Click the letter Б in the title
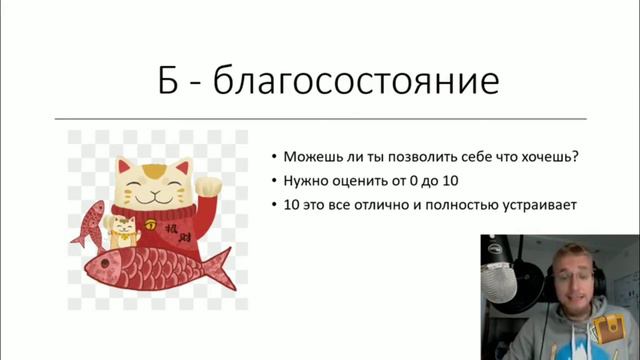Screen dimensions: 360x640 tap(173, 81)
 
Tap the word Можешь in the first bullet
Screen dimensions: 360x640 tap(311, 158)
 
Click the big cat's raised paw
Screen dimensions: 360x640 tap(209, 182)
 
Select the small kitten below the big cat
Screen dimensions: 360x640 tap(123, 233)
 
